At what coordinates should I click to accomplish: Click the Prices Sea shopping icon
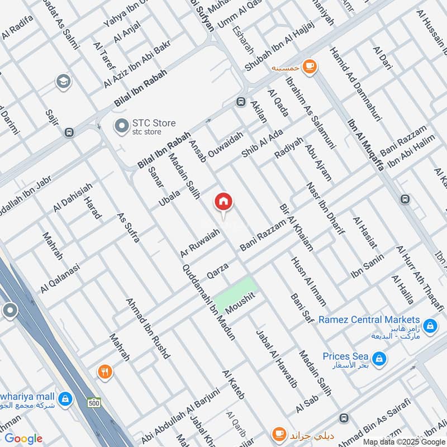[378, 358]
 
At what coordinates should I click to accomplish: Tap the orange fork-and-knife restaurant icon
[104, 372]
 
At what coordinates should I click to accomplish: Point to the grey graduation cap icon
[63, 82]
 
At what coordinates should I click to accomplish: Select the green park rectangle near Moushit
[235, 294]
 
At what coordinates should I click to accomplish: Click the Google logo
[23, 439]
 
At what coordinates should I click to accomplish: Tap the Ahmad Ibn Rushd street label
[148, 327]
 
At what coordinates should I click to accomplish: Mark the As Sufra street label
[128, 227]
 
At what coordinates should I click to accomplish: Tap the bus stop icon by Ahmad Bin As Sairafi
[343, 418]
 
